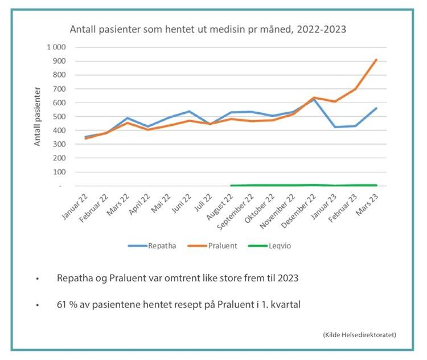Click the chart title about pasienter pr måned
tap(208, 28)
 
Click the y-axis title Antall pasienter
tap(38, 116)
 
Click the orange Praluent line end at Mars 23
tap(376, 59)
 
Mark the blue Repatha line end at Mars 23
tap(376, 108)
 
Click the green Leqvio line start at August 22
tap(231, 185)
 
